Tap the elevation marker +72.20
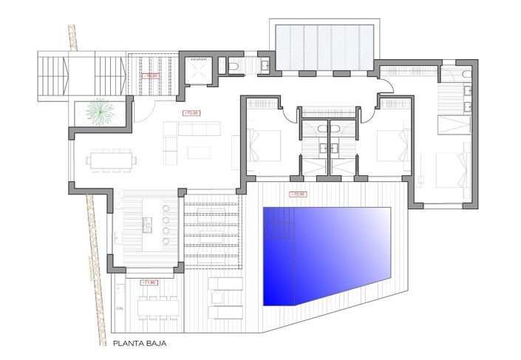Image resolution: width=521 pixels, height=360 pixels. [191, 112]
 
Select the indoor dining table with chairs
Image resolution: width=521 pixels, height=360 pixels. [110, 160]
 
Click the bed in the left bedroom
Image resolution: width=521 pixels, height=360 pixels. [265, 144]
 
